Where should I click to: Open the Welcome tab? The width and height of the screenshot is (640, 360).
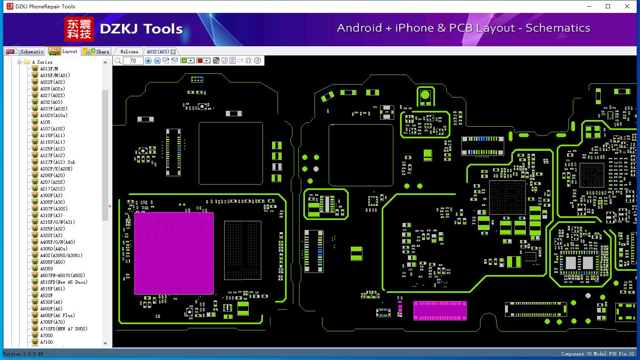point(129,52)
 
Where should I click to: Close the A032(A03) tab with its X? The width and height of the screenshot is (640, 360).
point(173,52)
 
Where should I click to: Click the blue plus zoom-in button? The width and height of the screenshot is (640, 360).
point(148,61)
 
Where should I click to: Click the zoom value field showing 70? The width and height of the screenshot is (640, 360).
point(133,61)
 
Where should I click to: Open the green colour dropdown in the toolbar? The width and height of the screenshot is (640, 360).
point(191,61)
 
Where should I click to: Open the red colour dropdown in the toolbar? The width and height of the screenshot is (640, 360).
point(207,61)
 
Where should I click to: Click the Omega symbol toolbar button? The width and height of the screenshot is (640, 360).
point(249,61)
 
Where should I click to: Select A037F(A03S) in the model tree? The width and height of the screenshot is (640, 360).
point(53,109)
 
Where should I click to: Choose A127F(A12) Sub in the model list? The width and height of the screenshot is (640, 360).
point(57,162)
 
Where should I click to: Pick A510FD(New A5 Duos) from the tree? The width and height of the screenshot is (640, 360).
point(63,282)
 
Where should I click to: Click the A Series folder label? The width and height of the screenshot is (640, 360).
point(42,62)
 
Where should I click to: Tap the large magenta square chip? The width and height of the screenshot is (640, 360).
point(174,253)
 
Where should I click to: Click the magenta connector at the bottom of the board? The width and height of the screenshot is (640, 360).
point(440,311)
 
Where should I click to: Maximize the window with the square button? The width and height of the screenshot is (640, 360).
point(608,6)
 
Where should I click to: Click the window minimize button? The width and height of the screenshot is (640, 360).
point(589,6)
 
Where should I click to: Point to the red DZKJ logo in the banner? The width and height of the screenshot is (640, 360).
point(79,29)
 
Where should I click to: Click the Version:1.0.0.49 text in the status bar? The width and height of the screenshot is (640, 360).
point(23,354)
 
